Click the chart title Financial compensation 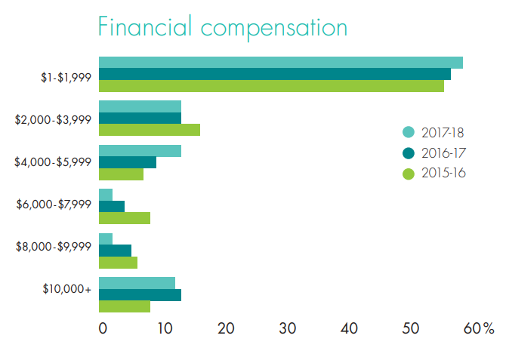[223, 27]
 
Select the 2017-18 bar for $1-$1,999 [280, 63]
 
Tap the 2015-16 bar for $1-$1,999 [271, 86]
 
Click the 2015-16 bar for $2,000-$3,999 [149, 130]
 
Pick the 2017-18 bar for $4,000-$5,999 [140, 151]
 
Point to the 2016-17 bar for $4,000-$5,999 [127, 162]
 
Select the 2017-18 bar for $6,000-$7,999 [105, 195]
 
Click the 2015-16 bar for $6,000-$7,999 [124, 218]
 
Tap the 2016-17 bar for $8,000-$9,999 [115, 251]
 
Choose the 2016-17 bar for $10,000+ [140, 294]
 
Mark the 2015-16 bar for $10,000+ [124, 306]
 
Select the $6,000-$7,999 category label [54, 204]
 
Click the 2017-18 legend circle [409, 132]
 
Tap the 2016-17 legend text [443, 153]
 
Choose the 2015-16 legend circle [409, 174]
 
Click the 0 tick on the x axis [103, 329]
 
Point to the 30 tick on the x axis [287, 329]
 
